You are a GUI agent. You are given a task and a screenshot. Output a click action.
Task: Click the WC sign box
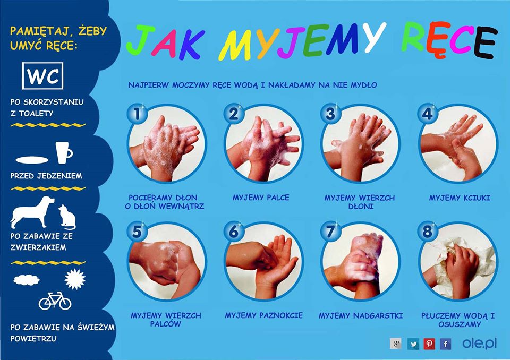(x=42, y=76)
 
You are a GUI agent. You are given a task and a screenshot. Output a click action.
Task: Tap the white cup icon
(x=64, y=152)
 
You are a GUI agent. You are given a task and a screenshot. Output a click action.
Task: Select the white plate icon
(x=32, y=160)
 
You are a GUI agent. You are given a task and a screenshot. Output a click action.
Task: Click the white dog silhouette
(x=32, y=212)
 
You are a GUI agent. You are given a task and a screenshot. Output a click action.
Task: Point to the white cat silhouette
(x=67, y=217)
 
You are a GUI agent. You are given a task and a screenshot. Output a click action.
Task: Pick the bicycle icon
(x=55, y=301)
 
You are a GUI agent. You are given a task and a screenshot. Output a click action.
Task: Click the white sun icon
(x=75, y=279)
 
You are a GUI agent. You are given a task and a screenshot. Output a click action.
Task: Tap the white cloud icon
(x=27, y=280)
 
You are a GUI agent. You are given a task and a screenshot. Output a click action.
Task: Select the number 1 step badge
(x=137, y=114)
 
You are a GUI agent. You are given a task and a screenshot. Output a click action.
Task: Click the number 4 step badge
(x=428, y=114)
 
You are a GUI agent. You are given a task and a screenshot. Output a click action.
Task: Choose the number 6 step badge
(x=234, y=232)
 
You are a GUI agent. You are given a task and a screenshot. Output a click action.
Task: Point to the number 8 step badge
(x=428, y=232)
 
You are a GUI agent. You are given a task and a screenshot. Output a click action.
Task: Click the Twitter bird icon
(x=413, y=344)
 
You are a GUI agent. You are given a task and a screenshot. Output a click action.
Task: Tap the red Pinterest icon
(x=429, y=344)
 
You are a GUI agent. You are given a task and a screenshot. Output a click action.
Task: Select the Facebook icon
(x=446, y=344)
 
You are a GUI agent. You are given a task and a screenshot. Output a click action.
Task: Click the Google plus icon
(x=396, y=344)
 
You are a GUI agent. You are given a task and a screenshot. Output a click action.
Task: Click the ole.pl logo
(x=479, y=344)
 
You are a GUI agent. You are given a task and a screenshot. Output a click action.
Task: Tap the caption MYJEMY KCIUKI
(x=459, y=198)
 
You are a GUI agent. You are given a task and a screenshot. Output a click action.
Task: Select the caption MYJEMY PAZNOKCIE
(x=264, y=315)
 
